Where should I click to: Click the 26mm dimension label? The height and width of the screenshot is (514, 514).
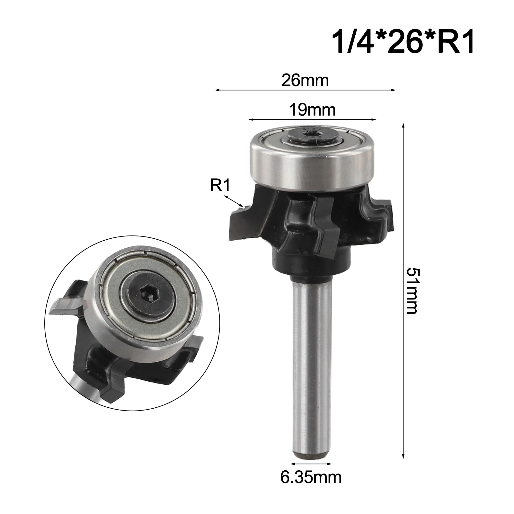point(305,80)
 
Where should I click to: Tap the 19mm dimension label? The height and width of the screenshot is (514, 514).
point(312,110)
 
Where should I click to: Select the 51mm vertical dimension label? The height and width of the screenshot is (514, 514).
point(412,291)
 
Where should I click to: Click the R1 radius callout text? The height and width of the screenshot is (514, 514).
point(220,185)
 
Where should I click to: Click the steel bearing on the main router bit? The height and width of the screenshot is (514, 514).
point(312,167)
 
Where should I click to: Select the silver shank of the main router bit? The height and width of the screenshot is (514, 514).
point(311,369)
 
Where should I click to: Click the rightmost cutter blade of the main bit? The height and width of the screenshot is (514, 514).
point(384,214)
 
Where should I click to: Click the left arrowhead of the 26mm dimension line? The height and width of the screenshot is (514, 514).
point(217,90)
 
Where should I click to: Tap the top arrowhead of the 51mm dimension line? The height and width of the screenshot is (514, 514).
point(403,125)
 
